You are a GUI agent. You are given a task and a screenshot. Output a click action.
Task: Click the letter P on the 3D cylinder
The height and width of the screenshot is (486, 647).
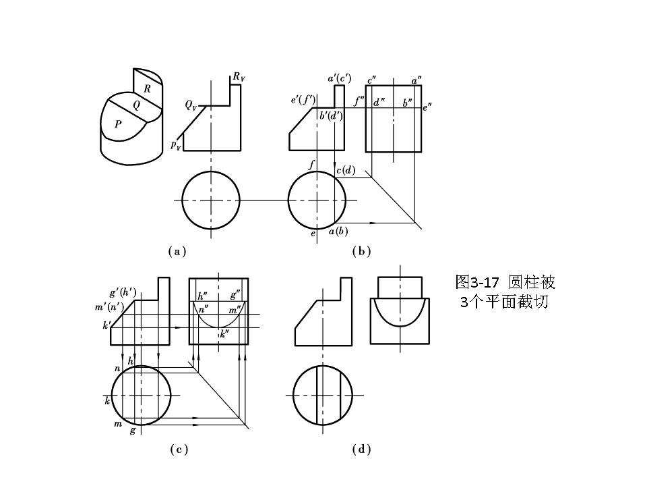click(118, 124)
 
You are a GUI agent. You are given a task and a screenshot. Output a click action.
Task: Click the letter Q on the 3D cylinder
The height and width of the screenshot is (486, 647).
click(137, 105)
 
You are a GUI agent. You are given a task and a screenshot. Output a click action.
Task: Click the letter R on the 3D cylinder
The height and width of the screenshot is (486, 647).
click(147, 88)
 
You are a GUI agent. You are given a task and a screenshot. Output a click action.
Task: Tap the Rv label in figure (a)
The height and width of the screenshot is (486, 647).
click(238, 78)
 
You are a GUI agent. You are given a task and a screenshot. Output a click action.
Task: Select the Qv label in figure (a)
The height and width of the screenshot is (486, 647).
click(192, 105)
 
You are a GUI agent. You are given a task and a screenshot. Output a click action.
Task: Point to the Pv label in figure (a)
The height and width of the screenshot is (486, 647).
click(175, 144)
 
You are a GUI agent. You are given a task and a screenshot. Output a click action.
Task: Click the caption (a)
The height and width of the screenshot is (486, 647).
click(177, 251)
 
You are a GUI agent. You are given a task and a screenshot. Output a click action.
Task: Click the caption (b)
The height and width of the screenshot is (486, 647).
click(362, 251)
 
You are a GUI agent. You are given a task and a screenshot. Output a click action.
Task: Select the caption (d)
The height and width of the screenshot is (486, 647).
click(362, 450)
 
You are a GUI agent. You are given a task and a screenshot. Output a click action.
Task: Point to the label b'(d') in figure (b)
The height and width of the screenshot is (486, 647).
click(332, 115)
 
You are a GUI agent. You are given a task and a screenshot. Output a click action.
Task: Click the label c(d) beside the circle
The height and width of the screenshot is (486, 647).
click(346, 170)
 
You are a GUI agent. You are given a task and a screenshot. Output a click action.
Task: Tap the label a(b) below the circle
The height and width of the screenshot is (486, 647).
click(338, 232)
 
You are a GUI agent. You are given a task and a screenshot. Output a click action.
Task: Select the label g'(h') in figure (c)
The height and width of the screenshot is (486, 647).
click(123, 293)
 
